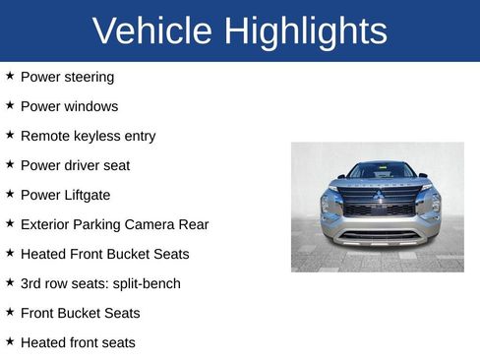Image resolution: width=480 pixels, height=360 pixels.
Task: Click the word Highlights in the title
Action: tap(305, 31)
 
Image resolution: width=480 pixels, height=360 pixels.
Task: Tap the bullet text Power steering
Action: tap(67, 77)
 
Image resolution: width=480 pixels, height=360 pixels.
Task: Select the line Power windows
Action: tap(69, 106)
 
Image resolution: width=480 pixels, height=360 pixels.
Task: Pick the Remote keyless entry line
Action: tap(88, 136)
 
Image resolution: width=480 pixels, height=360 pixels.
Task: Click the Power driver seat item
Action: tap(75, 165)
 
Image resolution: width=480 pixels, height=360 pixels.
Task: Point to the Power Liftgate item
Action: tap(65, 195)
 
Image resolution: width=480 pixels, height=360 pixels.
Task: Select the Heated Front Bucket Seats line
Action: tap(104, 254)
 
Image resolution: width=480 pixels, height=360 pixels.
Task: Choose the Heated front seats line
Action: tap(78, 342)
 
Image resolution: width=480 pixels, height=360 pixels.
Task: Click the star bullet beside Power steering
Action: tap(10, 76)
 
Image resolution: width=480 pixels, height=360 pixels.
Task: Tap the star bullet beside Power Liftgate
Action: tap(10, 194)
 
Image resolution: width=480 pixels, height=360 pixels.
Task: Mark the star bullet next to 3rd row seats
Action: tap(10, 282)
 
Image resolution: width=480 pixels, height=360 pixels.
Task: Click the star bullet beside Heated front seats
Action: tap(10, 341)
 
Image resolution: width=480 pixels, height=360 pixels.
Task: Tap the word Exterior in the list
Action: tap(47, 224)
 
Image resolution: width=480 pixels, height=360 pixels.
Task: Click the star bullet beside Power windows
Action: tap(10, 105)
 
